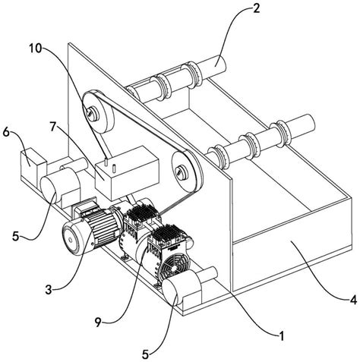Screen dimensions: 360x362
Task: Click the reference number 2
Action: (x=256, y=8)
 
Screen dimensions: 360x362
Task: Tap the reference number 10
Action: (x=35, y=49)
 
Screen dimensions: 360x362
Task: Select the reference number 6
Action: (x=6, y=133)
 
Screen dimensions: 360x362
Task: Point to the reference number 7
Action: (x=52, y=127)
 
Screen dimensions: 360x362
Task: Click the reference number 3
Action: (x=49, y=290)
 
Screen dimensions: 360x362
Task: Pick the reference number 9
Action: (x=98, y=322)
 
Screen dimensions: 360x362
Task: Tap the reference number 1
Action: (x=282, y=336)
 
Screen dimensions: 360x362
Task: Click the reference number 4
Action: (x=353, y=301)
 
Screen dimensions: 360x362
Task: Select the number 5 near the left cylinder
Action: (x=16, y=237)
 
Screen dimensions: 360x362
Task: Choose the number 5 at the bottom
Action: (x=145, y=354)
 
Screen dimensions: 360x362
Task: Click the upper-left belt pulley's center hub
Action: (x=92, y=112)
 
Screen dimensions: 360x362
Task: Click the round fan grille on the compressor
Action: (x=174, y=266)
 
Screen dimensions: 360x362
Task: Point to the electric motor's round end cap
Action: (x=71, y=239)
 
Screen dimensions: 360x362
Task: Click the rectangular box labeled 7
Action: (x=127, y=172)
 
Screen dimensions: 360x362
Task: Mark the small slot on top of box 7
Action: (x=114, y=168)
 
